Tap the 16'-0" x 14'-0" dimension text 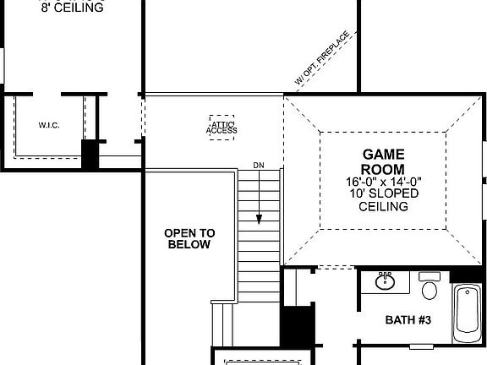384,182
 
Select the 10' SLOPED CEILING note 384,199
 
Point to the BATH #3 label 408,320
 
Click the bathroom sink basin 385,281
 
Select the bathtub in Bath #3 468,313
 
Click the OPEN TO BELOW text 189,239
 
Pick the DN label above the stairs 258,165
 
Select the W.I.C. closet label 48,125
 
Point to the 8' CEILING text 72,8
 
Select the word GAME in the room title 384,155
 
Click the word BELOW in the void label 189,245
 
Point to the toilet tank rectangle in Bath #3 430,276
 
